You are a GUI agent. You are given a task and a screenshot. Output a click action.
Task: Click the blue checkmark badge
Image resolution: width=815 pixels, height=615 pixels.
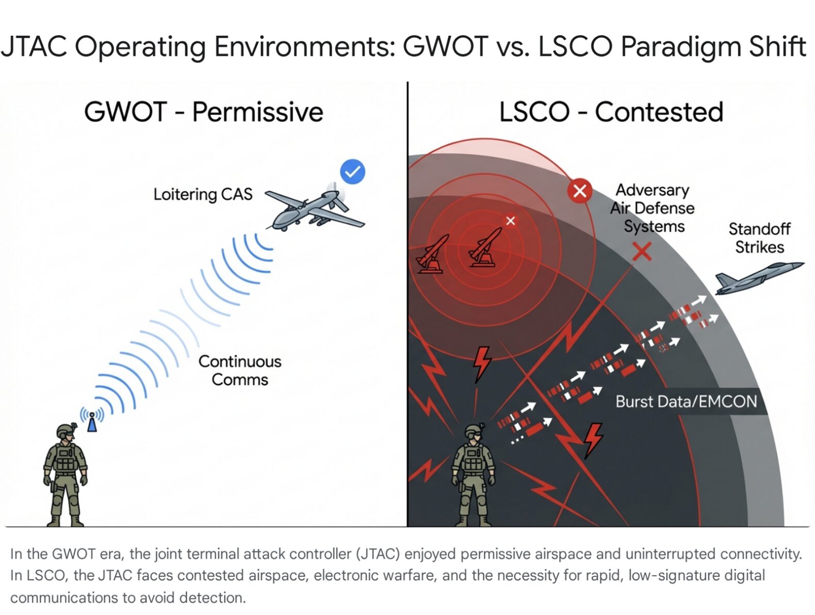coord(353,172)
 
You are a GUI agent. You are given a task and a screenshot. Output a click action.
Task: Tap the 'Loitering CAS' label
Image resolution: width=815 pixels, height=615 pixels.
coord(203,195)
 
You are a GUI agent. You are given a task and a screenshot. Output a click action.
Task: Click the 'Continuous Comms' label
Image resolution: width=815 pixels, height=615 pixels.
coord(240,370)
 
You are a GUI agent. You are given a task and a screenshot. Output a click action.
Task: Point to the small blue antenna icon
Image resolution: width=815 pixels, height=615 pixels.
coord(92,420)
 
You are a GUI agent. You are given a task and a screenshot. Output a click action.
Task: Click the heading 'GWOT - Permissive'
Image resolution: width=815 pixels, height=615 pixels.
coord(203,112)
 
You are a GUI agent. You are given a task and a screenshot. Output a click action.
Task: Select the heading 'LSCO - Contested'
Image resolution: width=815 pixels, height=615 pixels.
coord(611,112)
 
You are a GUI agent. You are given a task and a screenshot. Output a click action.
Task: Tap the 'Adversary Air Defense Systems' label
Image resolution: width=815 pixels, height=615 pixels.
coord(653,208)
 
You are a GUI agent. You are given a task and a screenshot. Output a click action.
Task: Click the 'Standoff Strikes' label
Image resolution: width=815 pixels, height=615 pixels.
coord(759,238)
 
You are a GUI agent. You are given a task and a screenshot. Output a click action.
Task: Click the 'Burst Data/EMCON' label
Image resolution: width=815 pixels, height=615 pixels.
coord(686,401)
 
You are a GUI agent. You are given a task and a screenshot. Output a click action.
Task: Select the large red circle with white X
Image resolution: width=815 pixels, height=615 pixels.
coord(580,191)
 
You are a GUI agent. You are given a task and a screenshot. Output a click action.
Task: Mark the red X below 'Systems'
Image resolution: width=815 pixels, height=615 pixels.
coord(642,252)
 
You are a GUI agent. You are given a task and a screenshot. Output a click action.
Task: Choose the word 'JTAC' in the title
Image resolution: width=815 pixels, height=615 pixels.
coord(34,46)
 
